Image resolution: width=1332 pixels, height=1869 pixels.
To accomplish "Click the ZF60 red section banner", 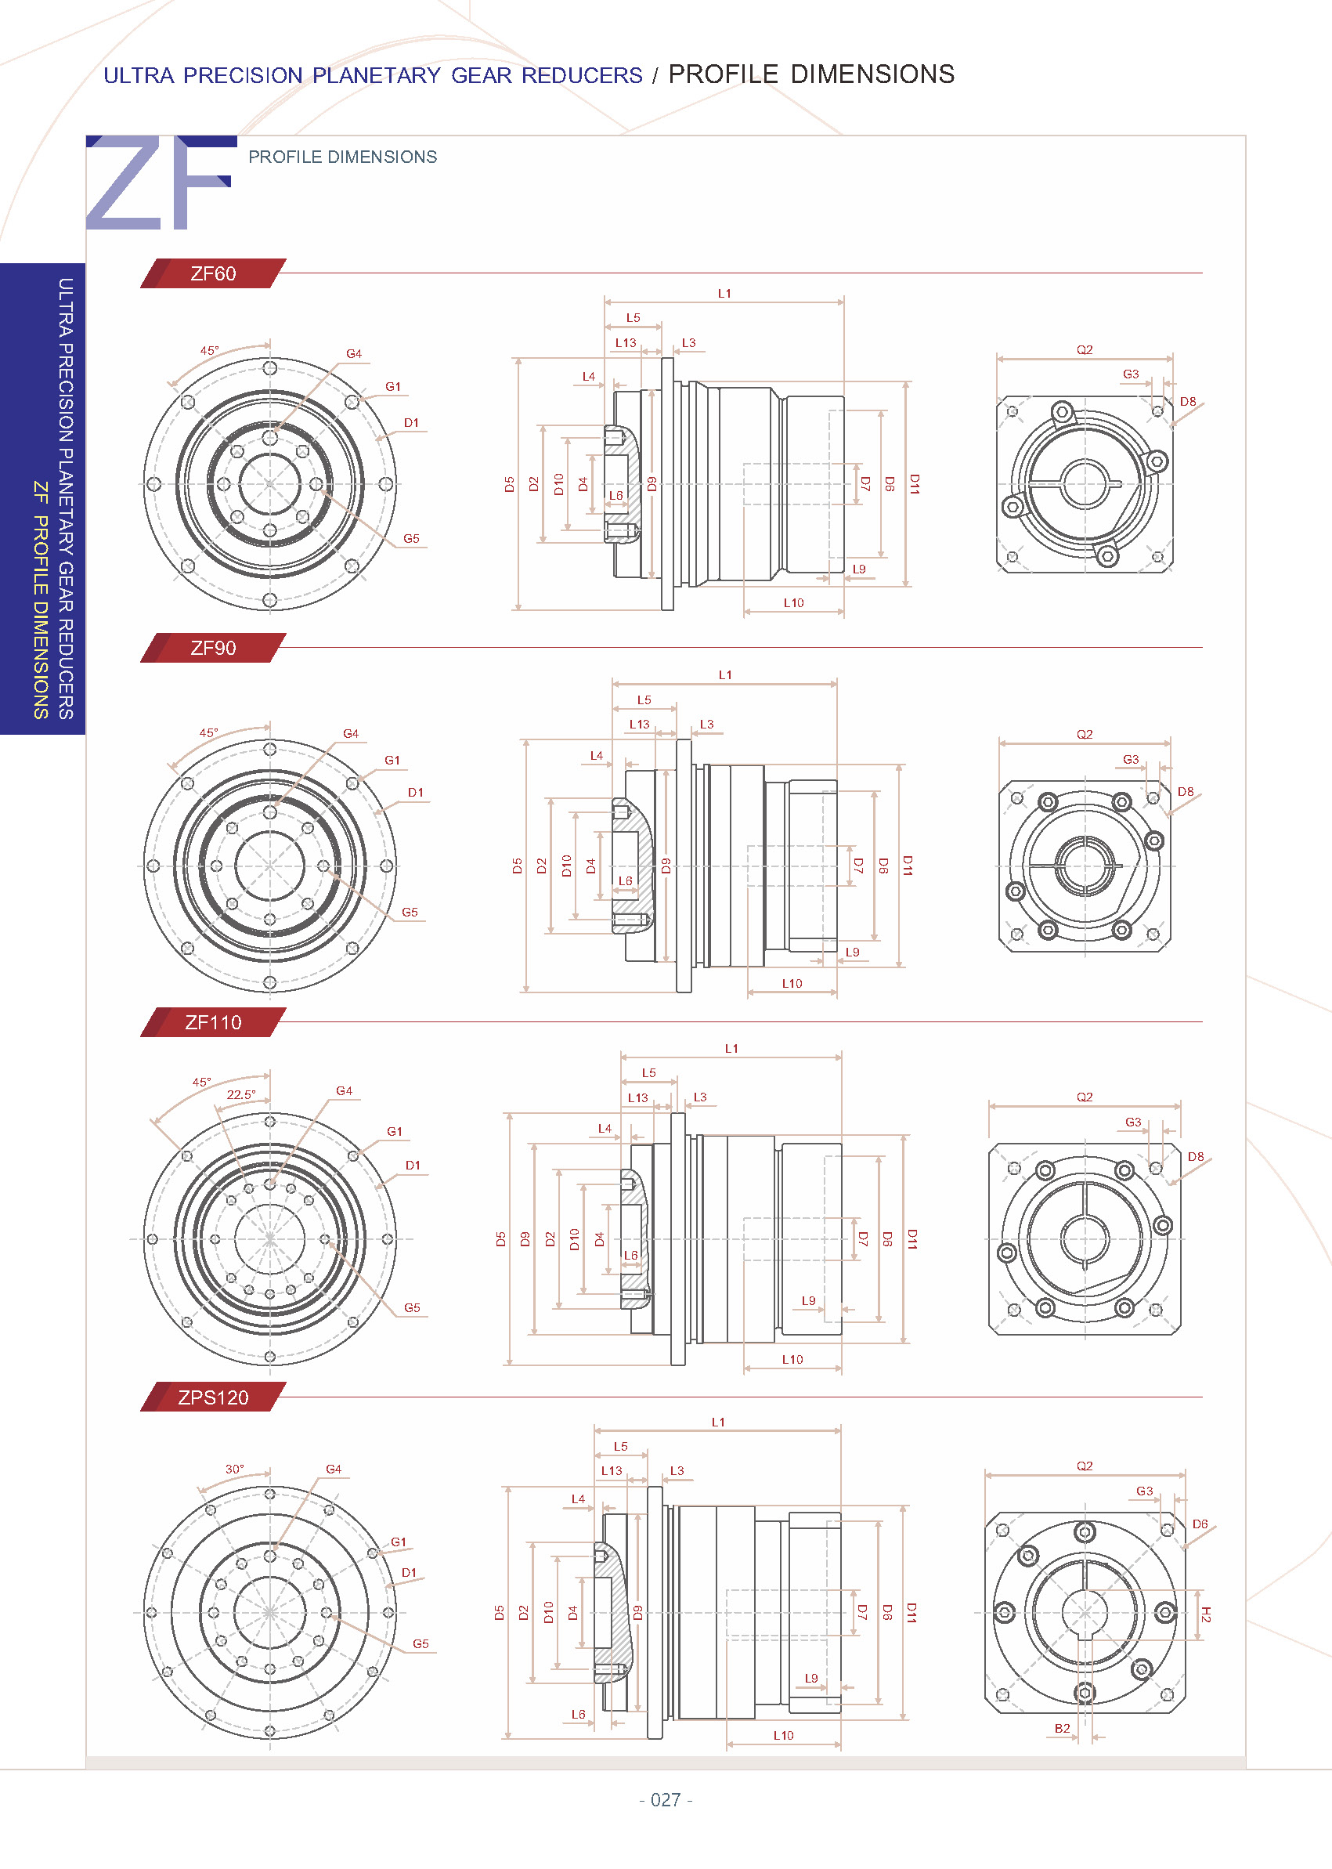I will coord(213,273).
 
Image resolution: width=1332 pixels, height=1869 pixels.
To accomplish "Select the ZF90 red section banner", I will coord(213,648).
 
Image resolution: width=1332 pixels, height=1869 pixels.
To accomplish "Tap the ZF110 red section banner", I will coord(213,1022).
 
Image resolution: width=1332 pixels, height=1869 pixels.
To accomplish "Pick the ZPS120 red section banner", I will coord(213,1397).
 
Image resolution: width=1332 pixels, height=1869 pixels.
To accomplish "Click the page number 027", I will coord(665,1799).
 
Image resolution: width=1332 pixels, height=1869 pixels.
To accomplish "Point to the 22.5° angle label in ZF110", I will coord(241,1094).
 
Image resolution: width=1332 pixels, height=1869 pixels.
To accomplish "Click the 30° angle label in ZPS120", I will coord(235,1469).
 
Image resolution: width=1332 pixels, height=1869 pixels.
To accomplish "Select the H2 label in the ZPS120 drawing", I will coord(1205,1614).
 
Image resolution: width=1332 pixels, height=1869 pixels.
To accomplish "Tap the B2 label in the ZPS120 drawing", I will coord(1062,1728).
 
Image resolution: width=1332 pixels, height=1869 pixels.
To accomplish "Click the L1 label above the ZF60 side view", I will coord(724,293).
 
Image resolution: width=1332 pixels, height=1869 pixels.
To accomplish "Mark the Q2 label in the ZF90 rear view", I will coord(1085,734).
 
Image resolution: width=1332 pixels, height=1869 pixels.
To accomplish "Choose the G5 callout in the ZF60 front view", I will coord(411,538).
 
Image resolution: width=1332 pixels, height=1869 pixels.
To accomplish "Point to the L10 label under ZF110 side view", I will coord(792,1360).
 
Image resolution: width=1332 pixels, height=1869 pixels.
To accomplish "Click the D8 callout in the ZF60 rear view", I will coord(1188,401).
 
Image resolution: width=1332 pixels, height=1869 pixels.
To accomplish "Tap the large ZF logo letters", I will coord(160,184).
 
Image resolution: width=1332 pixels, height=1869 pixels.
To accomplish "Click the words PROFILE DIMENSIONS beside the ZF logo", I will coord(343,157).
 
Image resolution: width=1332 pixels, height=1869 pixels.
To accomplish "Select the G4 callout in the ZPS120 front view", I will coord(333,1469).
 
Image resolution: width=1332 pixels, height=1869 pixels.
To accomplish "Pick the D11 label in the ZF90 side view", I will coord(907,865).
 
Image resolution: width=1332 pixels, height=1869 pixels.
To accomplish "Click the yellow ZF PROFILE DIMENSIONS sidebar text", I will coord(40,600).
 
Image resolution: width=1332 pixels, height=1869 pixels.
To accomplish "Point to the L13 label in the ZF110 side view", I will coord(637,1097).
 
